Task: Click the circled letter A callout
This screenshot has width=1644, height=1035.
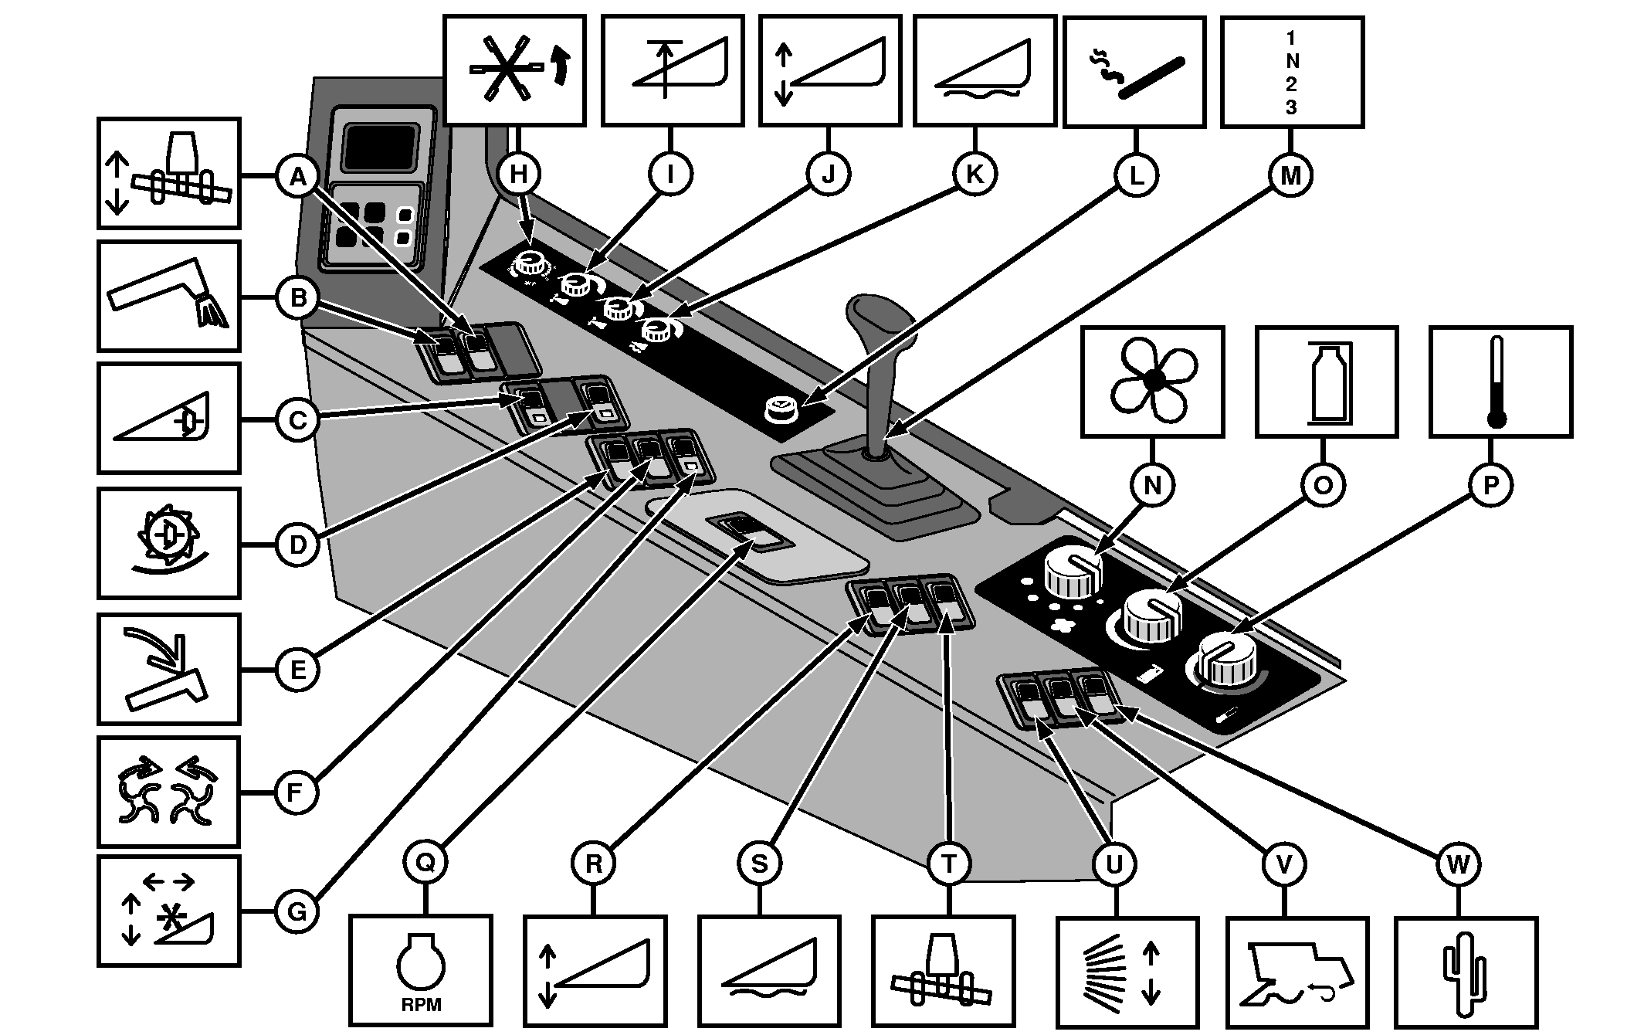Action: coord(297,177)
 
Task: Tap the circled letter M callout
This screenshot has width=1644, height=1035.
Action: coord(1290,176)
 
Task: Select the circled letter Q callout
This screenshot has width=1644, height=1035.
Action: coord(425,863)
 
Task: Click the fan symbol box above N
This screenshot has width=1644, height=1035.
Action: coord(1153,381)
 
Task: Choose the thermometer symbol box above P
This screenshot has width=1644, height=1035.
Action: coord(1500,382)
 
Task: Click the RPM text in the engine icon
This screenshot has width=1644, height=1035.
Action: coord(421,1005)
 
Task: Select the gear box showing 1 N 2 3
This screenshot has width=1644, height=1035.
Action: coord(1292,72)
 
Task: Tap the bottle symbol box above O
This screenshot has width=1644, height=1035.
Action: coord(1327,382)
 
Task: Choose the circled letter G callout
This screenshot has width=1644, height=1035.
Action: coord(297,912)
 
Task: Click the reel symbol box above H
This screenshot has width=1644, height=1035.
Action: coord(514,70)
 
